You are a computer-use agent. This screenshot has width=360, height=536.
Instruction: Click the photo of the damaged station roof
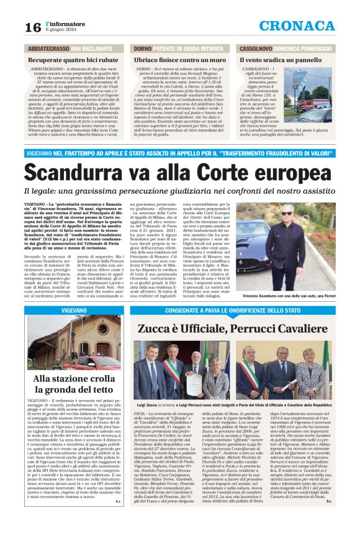click(x=74, y=342)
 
